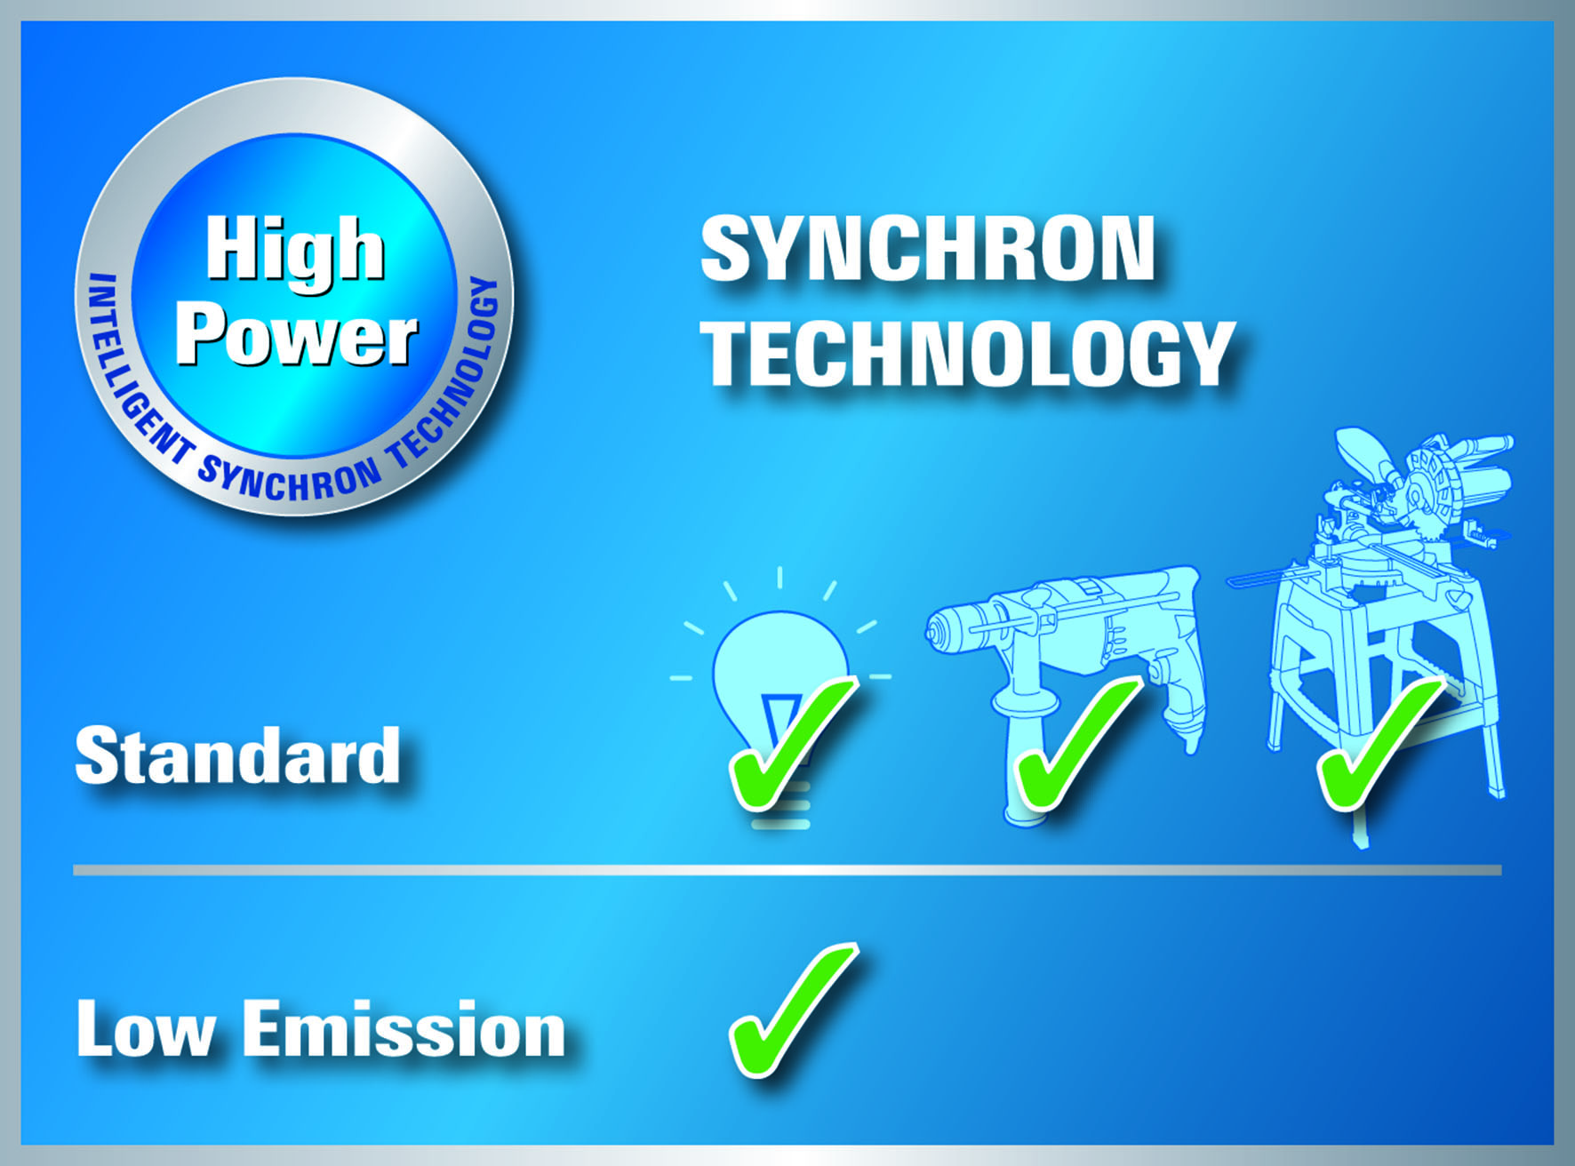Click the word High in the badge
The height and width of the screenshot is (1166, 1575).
pyautogui.click(x=296, y=252)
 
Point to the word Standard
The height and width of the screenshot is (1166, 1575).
pyautogui.click(x=237, y=755)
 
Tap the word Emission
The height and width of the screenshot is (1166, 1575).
pyautogui.click(x=404, y=1028)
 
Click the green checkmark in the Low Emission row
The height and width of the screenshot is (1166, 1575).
pyautogui.click(x=792, y=1010)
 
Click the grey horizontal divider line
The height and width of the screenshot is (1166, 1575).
pyautogui.click(x=787, y=870)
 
